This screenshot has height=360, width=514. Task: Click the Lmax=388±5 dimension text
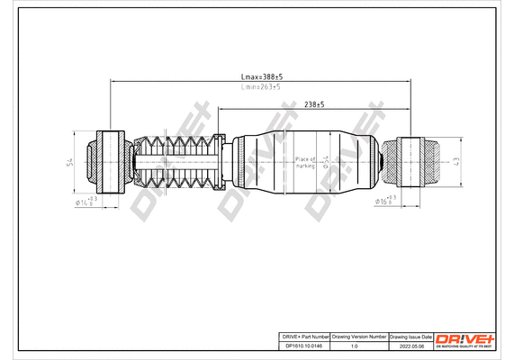click(261, 79)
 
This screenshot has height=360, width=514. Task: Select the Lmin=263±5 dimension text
click(261, 87)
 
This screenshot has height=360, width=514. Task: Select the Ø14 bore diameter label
click(86, 203)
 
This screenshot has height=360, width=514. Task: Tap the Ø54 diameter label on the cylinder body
click(326, 162)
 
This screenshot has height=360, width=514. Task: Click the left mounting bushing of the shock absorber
click(108, 162)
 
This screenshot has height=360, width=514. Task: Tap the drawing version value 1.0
click(360, 346)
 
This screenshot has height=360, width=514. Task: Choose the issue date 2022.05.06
click(410, 346)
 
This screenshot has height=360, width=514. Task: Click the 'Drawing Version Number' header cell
click(360, 336)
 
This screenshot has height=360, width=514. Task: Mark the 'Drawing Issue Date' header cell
click(410, 336)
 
